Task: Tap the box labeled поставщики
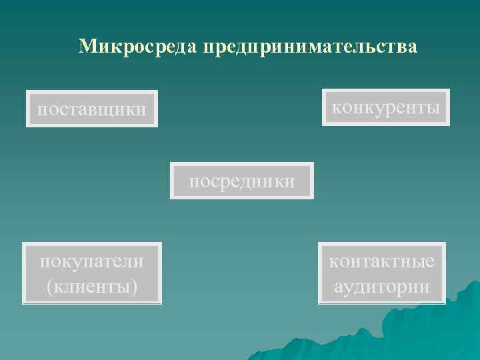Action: (x=92, y=108)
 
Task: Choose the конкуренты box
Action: (x=386, y=107)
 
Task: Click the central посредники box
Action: (x=242, y=181)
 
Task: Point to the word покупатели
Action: (x=92, y=261)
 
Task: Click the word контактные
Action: (x=382, y=261)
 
